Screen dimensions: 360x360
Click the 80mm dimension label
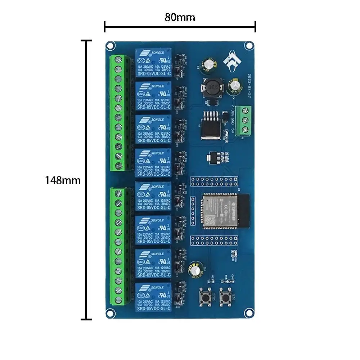180,17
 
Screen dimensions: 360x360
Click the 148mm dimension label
63,180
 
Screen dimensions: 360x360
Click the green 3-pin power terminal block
247,120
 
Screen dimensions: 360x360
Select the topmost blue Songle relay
153,64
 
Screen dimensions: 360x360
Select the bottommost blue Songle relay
153,297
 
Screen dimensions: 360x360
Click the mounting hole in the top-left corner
110,45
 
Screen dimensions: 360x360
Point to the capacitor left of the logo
209,64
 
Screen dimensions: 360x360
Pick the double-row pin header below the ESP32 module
214,240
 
